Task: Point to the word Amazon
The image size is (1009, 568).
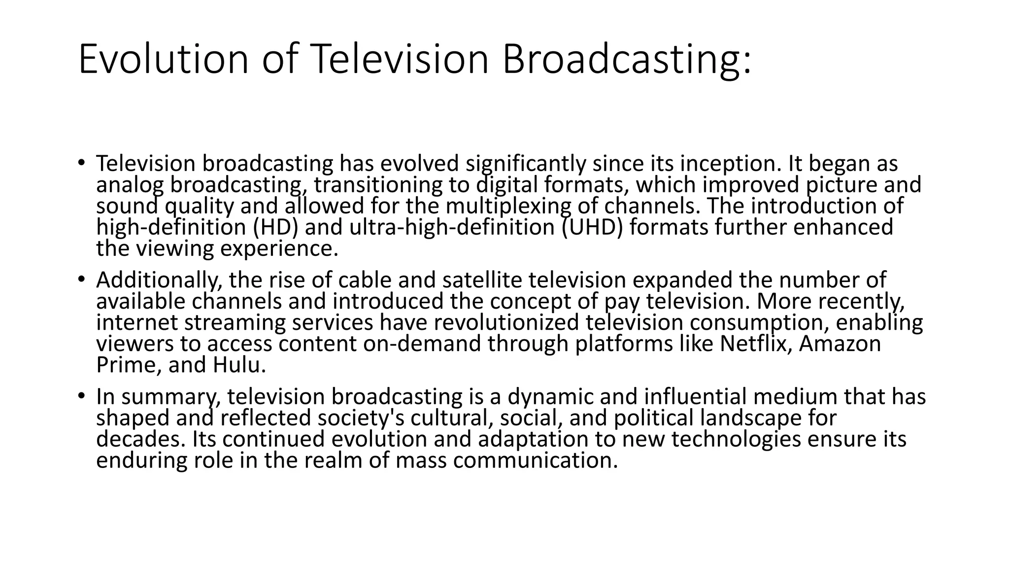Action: (840, 344)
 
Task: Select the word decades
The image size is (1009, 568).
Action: (141, 439)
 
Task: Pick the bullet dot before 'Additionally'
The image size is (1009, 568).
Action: (81, 279)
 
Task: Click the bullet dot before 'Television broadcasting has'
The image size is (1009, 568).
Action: (81, 163)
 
